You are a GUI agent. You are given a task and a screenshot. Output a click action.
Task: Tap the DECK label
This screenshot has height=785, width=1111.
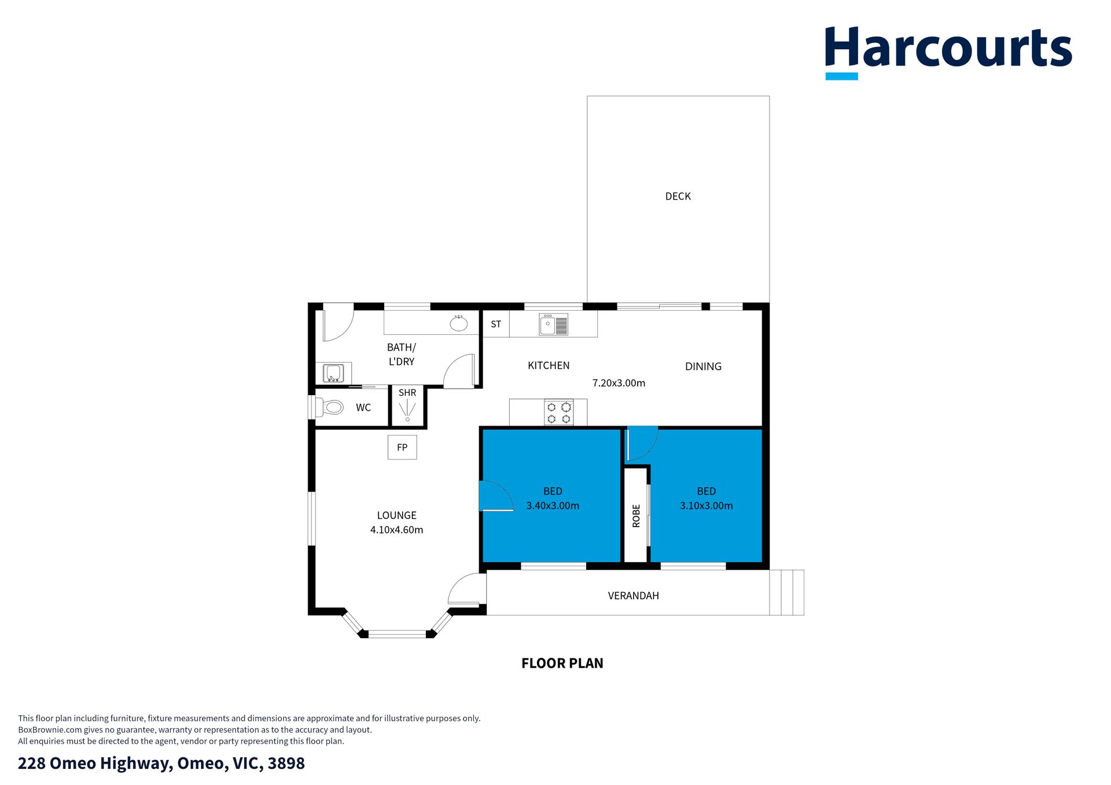pos(678,197)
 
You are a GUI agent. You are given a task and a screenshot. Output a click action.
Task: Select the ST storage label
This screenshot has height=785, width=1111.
pos(496,325)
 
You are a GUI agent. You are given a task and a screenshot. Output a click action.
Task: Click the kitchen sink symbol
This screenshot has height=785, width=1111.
pos(554,325)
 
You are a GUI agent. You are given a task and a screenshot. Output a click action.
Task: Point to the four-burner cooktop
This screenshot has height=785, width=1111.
pos(559,412)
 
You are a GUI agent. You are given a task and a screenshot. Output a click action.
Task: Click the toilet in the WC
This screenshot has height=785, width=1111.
pos(329,407)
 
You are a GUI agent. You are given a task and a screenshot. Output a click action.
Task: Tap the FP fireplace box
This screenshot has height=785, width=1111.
pos(402,447)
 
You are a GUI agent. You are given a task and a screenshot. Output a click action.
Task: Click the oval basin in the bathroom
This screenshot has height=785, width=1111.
pos(459,323)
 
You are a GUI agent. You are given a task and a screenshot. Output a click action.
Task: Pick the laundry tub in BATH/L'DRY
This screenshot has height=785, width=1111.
pos(333,373)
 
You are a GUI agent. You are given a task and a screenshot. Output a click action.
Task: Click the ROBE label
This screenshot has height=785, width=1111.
pos(636,515)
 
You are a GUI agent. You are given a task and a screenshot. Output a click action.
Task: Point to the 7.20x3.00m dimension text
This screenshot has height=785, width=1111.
pos(619,383)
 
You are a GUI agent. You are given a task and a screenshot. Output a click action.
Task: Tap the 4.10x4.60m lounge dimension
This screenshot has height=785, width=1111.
pos(396,530)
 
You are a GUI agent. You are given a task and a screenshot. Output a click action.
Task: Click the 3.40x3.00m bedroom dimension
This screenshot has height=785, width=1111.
pos(553,506)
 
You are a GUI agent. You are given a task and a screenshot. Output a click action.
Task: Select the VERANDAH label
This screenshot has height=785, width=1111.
pos(633,596)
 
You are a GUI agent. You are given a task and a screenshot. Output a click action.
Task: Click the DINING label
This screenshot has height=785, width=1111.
pos(703,367)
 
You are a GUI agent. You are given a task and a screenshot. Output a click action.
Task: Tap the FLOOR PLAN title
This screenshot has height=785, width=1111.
pos(562,664)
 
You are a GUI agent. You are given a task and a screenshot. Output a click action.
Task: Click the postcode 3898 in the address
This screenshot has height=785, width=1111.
pos(286,763)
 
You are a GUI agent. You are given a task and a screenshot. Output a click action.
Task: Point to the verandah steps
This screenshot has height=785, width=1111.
pos(787,592)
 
